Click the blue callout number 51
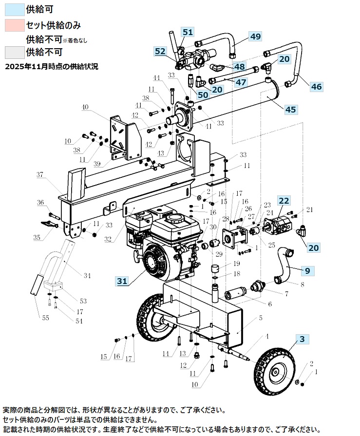[188, 32]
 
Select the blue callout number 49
[255, 37]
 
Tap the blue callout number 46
[316, 87]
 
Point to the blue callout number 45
[290, 110]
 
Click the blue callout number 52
[160, 52]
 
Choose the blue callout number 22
[284, 201]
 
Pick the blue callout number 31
[122, 281]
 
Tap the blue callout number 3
[302, 339]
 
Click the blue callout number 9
[307, 271]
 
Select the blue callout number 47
[241, 82]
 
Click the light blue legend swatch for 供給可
[15, 9]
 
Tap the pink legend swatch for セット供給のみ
[15, 25]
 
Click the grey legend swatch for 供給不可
[15, 53]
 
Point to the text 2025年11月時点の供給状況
[52, 67]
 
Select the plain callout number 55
[46, 318]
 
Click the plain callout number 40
[85, 107]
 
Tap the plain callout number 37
[40, 174]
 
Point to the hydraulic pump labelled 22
[278, 225]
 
